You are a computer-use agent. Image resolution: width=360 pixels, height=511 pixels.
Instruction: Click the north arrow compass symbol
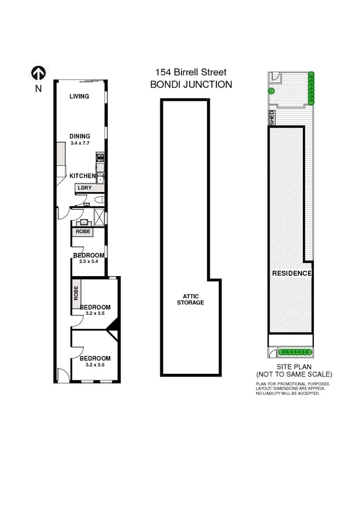point(39,73)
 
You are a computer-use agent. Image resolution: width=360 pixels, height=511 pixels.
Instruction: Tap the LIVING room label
point(79,96)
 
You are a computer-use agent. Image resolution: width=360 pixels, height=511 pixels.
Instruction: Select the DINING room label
point(79,136)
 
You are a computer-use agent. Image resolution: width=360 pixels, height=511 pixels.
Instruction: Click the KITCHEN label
point(82,176)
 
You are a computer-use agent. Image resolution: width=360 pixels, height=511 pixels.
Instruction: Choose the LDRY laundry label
point(85,188)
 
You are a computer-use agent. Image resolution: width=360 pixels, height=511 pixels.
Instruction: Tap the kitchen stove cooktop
point(100,157)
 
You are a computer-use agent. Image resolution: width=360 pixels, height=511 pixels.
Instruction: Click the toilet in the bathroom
point(99,201)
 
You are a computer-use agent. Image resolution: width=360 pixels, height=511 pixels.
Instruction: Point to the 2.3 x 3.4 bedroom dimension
point(88,262)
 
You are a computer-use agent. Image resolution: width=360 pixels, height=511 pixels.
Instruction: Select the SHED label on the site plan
point(271,118)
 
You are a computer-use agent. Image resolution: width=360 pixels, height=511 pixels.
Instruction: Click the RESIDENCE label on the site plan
point(292,273)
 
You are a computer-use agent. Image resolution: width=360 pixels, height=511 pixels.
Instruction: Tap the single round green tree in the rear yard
point(271,91)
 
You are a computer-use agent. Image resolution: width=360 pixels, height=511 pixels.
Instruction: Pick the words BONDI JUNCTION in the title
point(191,84)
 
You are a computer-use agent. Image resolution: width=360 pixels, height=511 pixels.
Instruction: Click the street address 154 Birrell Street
point(191,72)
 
